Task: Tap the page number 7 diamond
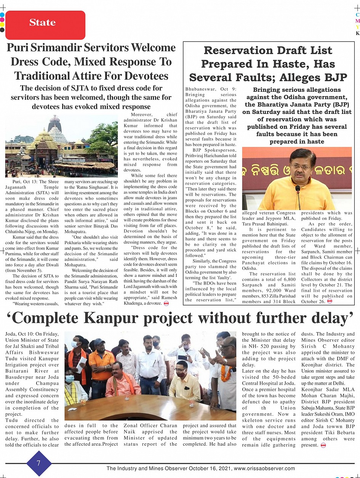38,463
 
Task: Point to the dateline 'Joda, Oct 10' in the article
21,334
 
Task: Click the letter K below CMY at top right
357,33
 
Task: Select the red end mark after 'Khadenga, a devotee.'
166,304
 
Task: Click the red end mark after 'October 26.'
330,301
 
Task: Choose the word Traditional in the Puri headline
47,75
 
